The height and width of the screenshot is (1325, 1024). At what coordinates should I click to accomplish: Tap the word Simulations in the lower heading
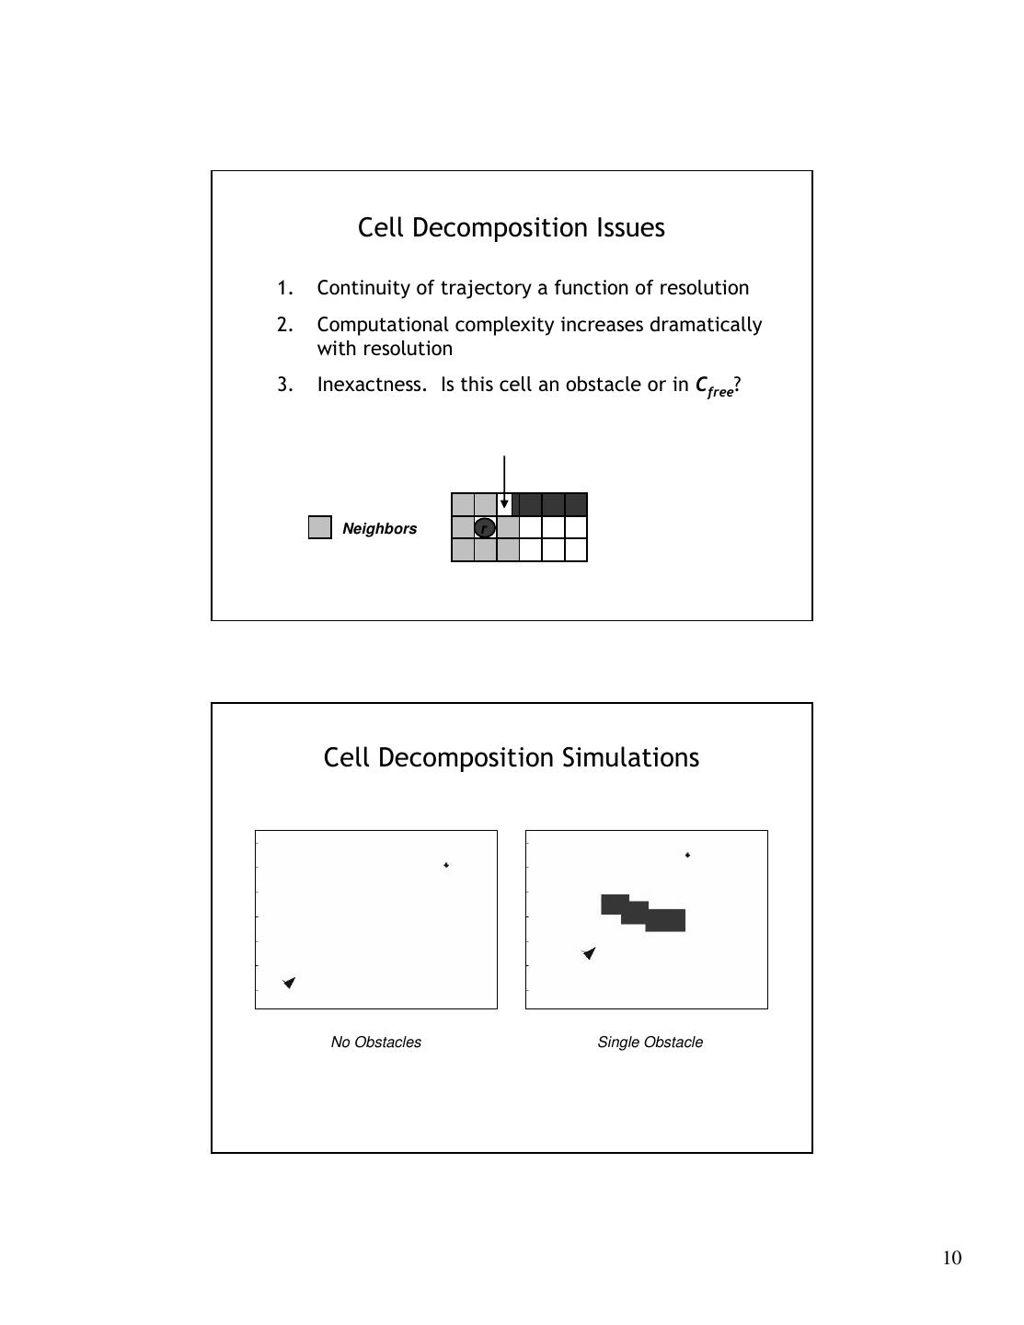[629, 757]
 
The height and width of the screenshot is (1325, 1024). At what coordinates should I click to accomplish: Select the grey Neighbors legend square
[320, 527]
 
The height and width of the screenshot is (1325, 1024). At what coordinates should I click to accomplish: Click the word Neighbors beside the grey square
[379, 529]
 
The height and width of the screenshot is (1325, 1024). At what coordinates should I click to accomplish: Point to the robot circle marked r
[485, 527]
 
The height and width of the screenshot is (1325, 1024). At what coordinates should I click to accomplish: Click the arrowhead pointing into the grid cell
[504, 504]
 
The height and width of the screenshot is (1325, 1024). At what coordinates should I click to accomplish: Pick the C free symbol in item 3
[714, 386]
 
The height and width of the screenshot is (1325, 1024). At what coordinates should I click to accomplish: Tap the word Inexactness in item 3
[372, 385]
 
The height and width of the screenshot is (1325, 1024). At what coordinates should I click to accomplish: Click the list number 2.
[284, 325]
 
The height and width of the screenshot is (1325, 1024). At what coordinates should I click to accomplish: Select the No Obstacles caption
[376, 1043]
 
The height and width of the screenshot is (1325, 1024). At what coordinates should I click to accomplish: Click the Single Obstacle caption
[650, 1043]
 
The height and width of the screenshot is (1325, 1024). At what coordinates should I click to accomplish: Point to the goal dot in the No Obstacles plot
[446, 865]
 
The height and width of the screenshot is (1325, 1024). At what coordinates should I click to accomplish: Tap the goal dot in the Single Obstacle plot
[687, 855]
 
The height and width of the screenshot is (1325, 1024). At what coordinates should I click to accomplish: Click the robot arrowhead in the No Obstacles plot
[290, 983]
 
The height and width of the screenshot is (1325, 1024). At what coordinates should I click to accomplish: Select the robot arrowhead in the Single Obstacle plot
[590, 953]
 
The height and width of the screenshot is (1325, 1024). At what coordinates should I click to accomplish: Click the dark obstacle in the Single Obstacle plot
[643, 914]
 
